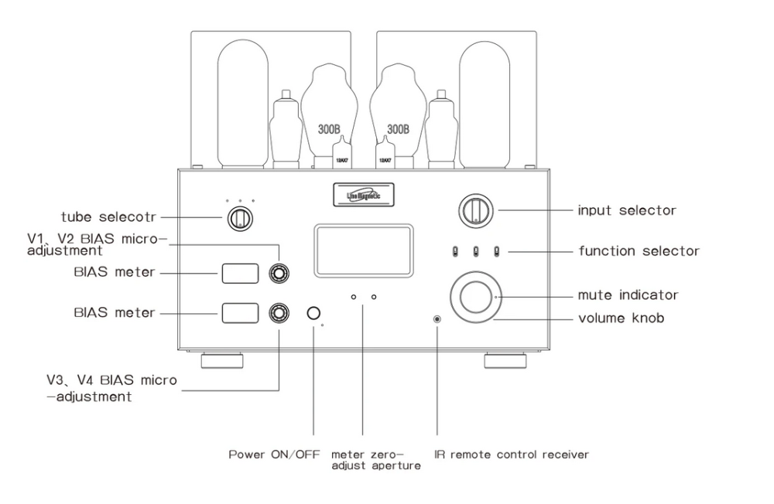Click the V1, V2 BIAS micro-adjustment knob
click(x=278, y=273)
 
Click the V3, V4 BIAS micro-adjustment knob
click(x=278, y=312)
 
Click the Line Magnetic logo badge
click(x=361, y=193)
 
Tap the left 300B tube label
click(x=327, y=129)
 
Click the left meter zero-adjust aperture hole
click(x=353, y=296)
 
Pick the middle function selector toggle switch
click(x=475, y=250)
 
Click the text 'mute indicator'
click(x=628, y=295)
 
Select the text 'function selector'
click(x=639, y=250)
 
